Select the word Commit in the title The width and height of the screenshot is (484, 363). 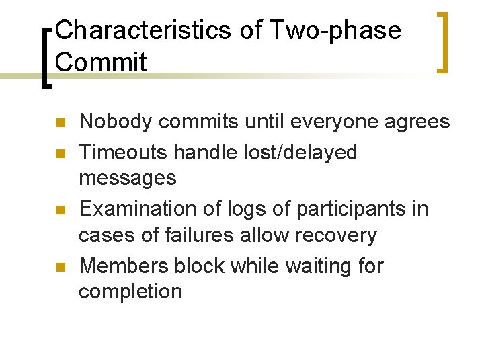102,62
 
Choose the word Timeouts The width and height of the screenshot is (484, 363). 123,153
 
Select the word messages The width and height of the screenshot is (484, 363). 128,178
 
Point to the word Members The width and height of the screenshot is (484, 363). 124,266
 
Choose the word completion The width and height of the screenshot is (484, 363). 130,292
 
